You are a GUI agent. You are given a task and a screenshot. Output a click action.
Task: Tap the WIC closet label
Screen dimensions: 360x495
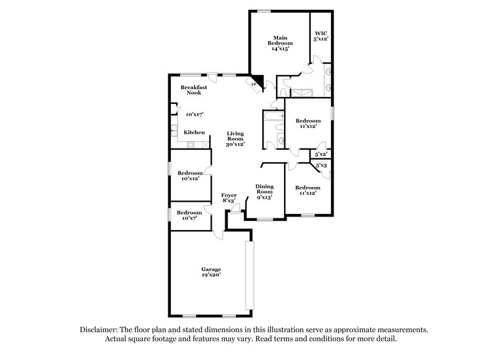point(321,36)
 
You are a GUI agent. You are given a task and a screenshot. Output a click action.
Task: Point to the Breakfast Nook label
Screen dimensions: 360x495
point(195,90)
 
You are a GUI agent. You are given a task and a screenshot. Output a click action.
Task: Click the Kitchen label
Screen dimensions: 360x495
point(194,132)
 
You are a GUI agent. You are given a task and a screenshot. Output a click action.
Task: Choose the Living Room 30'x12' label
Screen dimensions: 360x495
point(235,139)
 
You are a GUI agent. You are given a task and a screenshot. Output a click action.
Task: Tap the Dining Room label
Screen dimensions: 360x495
point(265,192)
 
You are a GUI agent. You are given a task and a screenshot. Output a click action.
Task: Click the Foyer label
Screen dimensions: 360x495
point(229,198)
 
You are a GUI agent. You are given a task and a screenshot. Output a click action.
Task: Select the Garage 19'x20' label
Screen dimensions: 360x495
point(211,272)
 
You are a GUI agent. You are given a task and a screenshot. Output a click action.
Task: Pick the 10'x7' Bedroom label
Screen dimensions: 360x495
point(189,215)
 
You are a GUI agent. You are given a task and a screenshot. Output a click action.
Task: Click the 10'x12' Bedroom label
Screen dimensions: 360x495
point(189,176)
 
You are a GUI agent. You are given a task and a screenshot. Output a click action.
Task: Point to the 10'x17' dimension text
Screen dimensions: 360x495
point(195,114)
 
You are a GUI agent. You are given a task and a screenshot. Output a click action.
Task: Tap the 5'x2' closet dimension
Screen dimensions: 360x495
point(321,154)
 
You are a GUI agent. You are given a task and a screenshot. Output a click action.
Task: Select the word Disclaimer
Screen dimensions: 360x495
point(100,330)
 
